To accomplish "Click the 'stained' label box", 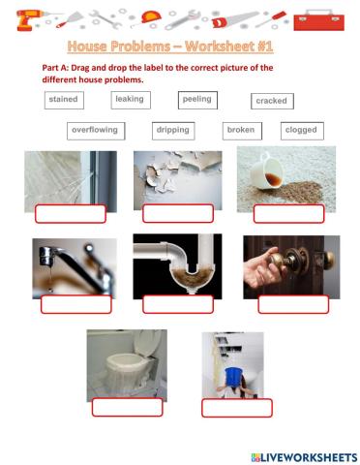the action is [64, 100].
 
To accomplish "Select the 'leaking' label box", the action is [131, 100].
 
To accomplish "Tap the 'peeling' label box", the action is [197, 100].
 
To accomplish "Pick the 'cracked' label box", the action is [272, 102].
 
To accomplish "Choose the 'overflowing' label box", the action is [96, 131].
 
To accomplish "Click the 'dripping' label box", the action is [173, 131].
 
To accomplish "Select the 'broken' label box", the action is [242, 131].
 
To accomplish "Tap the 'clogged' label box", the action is [302, 131].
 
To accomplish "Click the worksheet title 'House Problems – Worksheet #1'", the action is [170, 46].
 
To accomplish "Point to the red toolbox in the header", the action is [318, 20].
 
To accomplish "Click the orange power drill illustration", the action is [31, 20].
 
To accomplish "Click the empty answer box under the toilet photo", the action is [128, 407].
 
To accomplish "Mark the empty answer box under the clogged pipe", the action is [178, 304].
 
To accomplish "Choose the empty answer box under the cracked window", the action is [71, 214].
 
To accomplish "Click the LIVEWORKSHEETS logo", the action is [304, 457].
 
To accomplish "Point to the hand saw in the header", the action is [235, 19].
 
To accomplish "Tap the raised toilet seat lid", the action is [148, 343].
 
